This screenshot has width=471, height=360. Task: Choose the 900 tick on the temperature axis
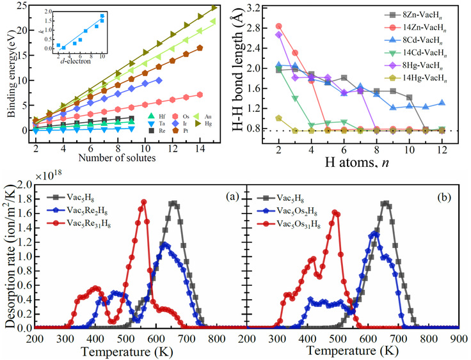[x=458, y=338]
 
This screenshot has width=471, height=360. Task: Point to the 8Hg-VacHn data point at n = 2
[x=278, y=35]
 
